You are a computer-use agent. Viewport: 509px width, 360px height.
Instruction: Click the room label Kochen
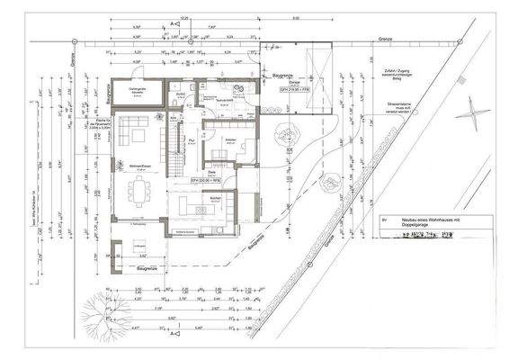pyautogui.click(x=216, y=197)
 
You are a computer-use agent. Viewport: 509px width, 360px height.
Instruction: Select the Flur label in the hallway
pyautogui.click(x=192, y=140)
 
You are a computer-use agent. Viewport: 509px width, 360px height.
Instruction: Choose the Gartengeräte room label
pyautogui.click(x=138, y=88)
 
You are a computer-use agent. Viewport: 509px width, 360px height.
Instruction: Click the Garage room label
pyautogui.click(x=293, y=80)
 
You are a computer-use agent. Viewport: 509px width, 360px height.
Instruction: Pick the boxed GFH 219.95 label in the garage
pyautogui.click(x=292, y=88)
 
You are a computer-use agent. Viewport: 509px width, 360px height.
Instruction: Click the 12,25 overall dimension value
pyautogui.click(x=184, y=18)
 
